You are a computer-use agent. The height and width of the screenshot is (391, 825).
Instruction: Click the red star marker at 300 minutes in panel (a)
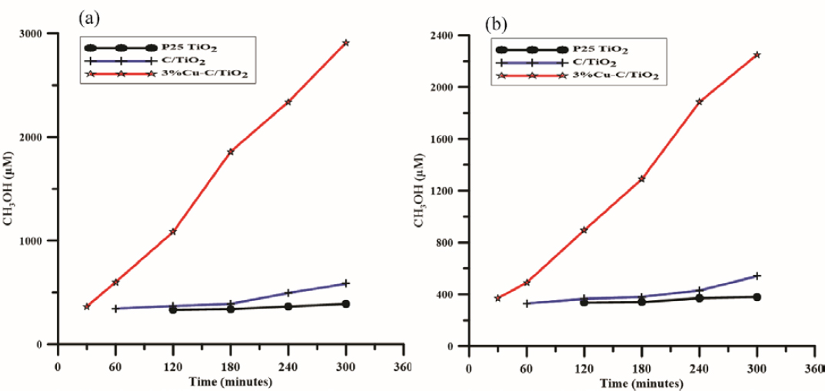point(346,43)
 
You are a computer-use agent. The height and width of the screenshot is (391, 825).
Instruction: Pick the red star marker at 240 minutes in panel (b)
point(699,102)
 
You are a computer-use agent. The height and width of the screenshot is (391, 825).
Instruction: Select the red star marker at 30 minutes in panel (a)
point(86,306)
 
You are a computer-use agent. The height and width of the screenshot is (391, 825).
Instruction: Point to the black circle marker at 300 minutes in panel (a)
point(346,304)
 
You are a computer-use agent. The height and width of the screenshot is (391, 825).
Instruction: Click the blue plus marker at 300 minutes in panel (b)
point(757,276)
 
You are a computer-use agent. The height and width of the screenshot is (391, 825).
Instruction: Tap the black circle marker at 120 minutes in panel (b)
point(584,302)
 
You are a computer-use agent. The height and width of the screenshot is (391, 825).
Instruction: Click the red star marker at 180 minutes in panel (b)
point(641,179)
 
